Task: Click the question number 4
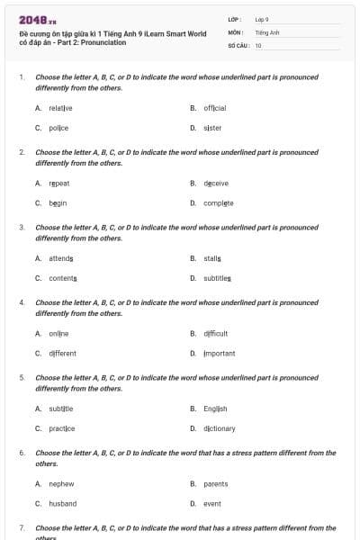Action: point(22,303)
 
